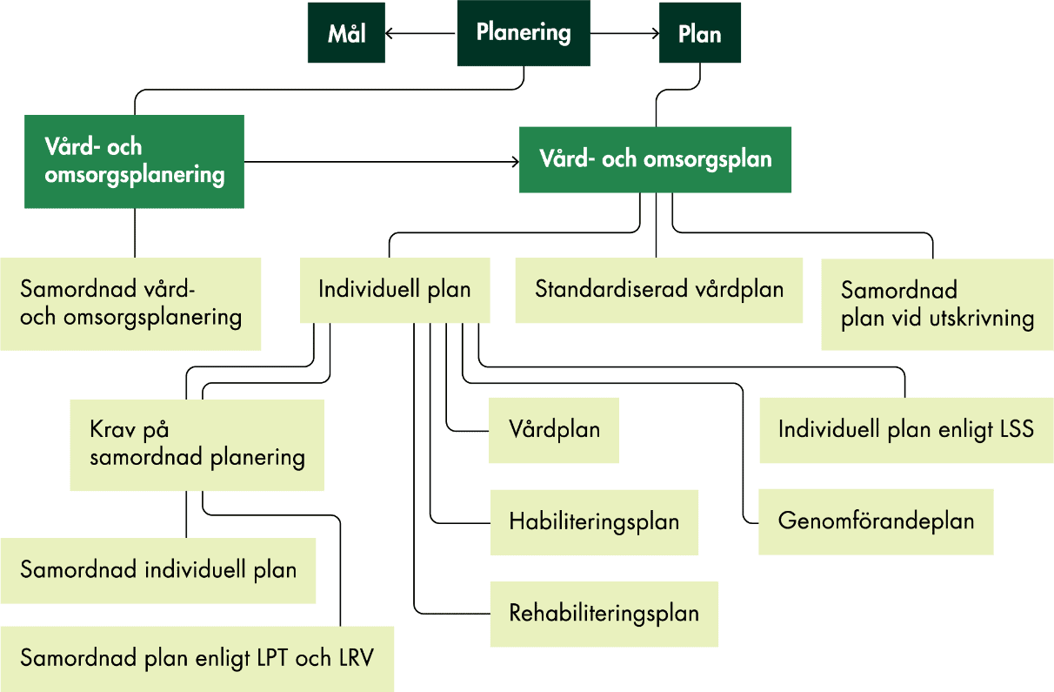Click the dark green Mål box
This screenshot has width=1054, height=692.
(346, 34)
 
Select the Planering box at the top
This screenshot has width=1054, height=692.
(524, 33)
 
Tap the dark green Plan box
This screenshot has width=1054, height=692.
(699, 34)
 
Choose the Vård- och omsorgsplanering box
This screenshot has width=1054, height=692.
(134, 161)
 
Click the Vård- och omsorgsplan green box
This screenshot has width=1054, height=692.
(655, 159)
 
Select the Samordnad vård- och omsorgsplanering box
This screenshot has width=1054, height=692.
(130, 303)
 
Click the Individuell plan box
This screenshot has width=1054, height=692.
(394, 289)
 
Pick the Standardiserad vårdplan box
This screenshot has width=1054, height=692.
(658, 289)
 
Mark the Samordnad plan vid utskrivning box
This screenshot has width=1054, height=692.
(937, 304)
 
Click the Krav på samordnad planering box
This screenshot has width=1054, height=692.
(197, 444)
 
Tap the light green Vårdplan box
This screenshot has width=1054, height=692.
(553, 430)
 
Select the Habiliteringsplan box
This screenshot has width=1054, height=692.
(593, 522)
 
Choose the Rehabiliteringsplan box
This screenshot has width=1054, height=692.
(604, 614)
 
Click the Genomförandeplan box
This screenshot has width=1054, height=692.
(875, 521)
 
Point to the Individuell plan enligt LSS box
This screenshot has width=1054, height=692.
(905, 430)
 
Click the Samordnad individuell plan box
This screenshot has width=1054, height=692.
(157, 570)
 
